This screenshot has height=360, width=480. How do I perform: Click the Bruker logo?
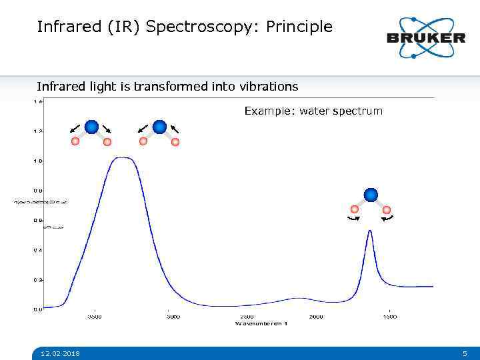[426, 37]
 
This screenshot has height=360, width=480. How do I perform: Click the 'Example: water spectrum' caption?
[313, 111]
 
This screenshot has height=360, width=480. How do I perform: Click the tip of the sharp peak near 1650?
[370, 231]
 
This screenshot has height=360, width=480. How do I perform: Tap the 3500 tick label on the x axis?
[96, 317]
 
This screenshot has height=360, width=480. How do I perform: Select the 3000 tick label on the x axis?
[172, 317]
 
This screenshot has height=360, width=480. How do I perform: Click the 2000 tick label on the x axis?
[316, 317]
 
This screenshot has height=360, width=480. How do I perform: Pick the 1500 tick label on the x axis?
[389, 317]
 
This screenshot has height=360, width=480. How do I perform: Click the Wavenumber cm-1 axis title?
[261, 323]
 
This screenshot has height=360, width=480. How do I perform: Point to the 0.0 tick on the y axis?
[38, 309]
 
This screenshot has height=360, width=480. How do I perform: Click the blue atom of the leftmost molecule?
[92, 127]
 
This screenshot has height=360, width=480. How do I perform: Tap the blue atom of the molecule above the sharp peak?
[371, 195]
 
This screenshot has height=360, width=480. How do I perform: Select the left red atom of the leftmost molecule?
[76, 141]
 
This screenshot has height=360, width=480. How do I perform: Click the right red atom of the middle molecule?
[175, 141]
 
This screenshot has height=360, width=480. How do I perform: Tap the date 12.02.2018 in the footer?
[60, 353]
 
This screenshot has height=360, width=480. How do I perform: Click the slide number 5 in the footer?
[465, 353]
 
